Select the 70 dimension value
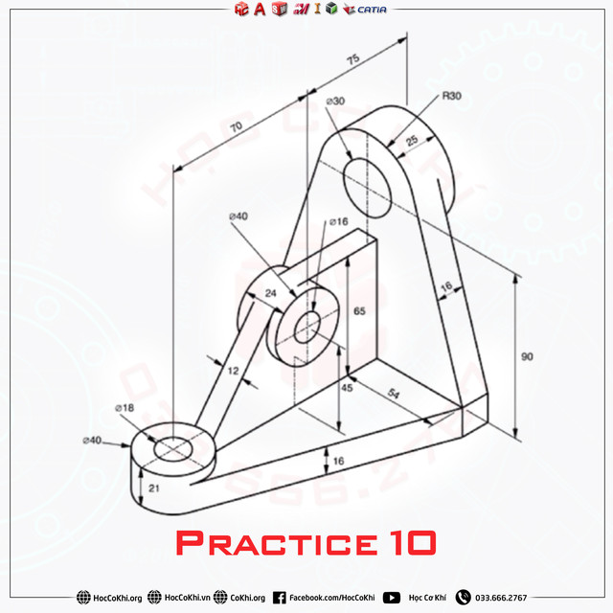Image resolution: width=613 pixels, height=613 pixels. (x=236, y=125)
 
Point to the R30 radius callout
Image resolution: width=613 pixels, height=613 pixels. (x=452, y=97)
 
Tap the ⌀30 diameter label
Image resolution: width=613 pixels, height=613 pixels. (x=335, y=101)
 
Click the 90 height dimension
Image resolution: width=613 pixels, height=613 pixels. (x=527, y=356)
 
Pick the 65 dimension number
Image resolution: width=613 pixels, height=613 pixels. (x=359, y=311)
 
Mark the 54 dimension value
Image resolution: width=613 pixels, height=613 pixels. (x=392, y=394)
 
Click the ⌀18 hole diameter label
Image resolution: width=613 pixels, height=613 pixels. (x=125, y=408)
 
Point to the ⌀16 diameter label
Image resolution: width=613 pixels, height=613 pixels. (x=338, y=221)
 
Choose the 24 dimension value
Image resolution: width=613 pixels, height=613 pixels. (x=271, y=293)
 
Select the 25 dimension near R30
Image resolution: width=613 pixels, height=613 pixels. (x=411, y=141)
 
